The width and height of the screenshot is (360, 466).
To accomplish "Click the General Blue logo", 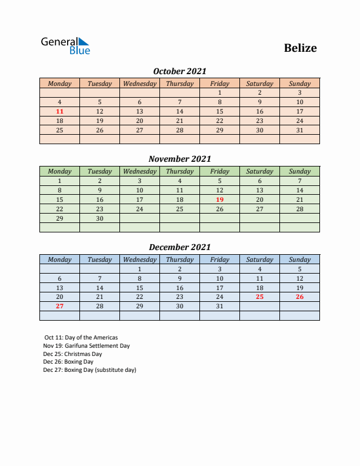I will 65,46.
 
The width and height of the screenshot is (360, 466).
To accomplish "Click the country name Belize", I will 300,48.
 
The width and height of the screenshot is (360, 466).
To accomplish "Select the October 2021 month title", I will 179,71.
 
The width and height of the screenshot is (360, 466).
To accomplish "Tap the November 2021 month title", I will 179,159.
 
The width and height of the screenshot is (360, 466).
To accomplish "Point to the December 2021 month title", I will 179,247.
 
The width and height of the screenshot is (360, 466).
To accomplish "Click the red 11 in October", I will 59,111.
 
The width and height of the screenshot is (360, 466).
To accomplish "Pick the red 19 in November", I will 219,199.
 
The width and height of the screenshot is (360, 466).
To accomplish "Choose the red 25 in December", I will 259,297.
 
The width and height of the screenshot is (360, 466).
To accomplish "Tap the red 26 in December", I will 299,297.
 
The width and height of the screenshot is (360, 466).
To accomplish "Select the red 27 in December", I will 59,307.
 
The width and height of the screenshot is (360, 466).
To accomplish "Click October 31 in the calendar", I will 299,130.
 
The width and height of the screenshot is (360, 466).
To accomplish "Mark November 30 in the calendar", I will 99,218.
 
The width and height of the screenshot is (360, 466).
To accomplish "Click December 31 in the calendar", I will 219,307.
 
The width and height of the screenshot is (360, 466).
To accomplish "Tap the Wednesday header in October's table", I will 139,84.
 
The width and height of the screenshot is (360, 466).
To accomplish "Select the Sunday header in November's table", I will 299,172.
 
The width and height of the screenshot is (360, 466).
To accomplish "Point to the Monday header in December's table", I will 59,259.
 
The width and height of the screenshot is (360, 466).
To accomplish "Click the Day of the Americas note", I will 81,338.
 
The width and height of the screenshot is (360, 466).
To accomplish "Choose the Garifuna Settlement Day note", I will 86,346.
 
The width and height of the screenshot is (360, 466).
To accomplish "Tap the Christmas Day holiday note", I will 72,354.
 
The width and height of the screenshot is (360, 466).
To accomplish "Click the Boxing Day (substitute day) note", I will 89,370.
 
